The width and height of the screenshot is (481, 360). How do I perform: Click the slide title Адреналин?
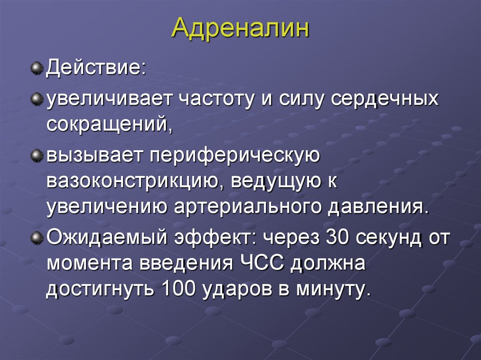point(240,28)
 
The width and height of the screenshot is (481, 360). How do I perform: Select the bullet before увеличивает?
point(37,100)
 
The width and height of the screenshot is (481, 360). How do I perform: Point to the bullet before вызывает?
point(37,155)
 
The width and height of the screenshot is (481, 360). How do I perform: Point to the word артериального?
point(249,207)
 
